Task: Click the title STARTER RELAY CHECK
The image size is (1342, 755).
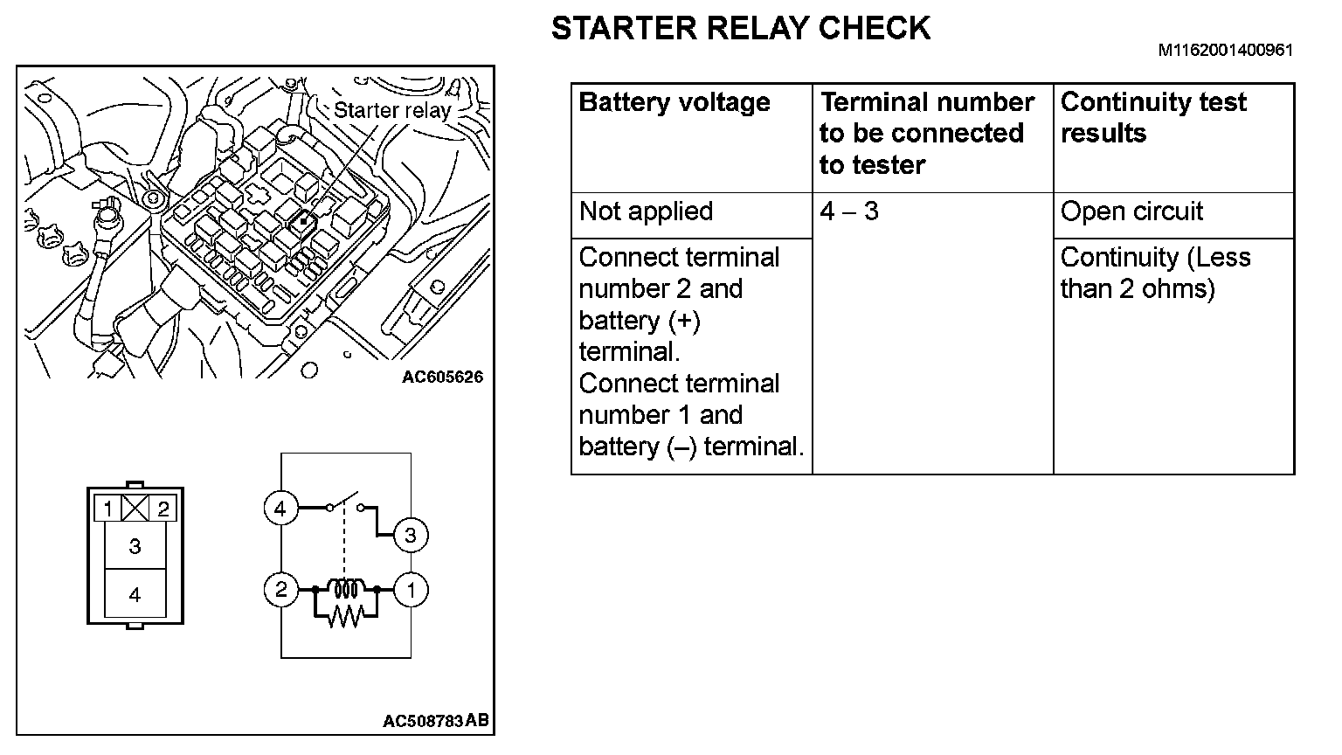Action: tap(740, 29)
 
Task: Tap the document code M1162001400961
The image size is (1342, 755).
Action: tap(1225, 51)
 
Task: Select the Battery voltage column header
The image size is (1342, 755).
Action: tap(674, 102)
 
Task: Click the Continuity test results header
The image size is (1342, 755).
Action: tap(1152, 117)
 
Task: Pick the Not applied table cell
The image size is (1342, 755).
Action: tap(646, 211)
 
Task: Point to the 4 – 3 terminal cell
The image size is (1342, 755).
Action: tap(849, 211)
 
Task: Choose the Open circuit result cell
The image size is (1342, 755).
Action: tap(1131, 211)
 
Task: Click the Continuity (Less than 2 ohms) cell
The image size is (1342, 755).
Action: tap(1154, 273)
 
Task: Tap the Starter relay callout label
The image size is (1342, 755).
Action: tap(391, 110)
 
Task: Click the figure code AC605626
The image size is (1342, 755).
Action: tap(442, 377)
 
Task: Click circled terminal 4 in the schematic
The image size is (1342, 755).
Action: tap(280, 508)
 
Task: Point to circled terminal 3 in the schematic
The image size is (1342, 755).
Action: tap(410, 535)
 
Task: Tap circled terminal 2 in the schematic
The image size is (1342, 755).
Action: tap(280, 590)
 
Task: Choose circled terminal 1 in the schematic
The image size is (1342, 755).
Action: tap(410, 590)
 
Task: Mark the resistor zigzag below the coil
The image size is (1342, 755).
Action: tap(345, 617)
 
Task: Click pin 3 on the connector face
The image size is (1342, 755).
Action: tap(135, 546)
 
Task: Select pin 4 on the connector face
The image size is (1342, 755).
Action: tap(135, 595)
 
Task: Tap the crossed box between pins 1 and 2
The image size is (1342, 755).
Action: tap(135, 508)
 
